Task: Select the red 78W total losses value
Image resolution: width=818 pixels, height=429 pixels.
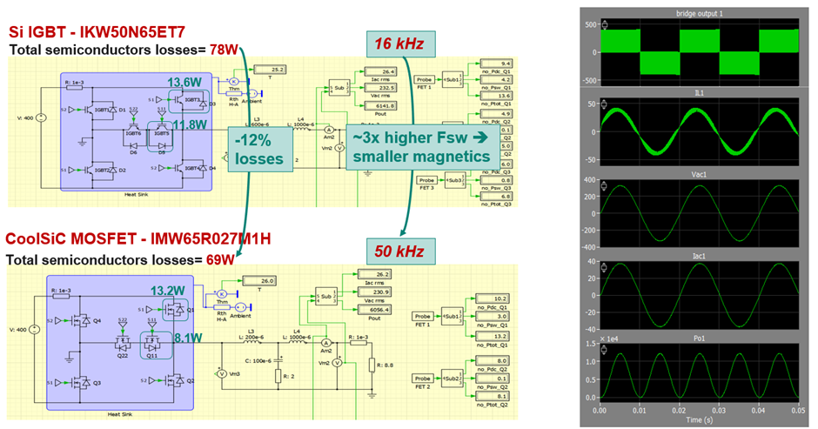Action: (224, 50)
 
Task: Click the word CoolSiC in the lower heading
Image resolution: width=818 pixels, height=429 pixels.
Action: (39, 239)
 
